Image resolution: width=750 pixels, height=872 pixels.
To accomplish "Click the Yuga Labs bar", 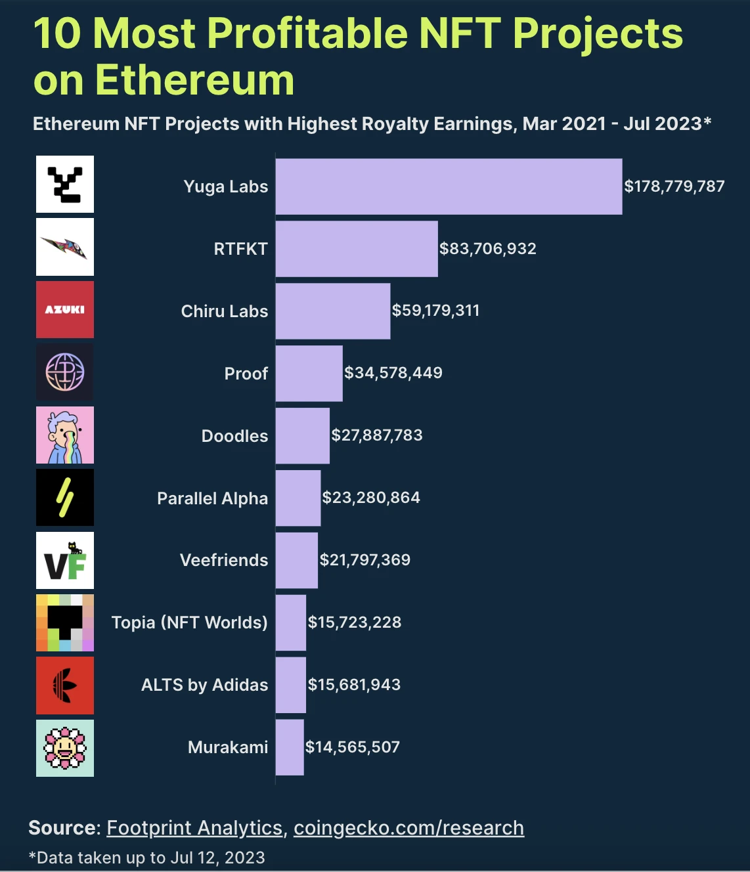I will point(449,186).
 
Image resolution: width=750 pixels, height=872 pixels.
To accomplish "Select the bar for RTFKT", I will point(357,249).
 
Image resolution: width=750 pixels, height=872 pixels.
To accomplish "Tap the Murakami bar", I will point(290,747).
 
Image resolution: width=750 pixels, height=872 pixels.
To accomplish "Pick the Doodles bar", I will point(302,435).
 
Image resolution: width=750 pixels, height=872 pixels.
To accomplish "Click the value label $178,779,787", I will point(674,186).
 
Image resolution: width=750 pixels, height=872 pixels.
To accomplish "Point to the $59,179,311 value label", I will point(435,311).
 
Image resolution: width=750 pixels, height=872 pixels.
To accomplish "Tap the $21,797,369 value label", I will point(364,560).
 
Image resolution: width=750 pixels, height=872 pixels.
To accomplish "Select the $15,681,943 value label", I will point(354,685).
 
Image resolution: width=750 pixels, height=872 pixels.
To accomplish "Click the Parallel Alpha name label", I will point(212,498).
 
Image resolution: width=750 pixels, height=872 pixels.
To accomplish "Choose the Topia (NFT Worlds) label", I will point(189,622).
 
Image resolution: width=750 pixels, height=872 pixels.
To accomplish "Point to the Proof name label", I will point(246,374).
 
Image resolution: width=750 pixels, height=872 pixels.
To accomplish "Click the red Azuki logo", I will point(65,309).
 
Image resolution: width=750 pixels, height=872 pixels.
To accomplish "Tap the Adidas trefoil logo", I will point(65,686).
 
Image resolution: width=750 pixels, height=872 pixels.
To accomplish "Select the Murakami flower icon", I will point(65,748).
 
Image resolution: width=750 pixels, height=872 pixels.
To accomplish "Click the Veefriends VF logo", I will point(65,561).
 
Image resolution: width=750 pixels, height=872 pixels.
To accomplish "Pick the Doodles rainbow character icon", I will point(65,435).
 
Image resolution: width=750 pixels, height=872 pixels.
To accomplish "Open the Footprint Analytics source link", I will point(194,828).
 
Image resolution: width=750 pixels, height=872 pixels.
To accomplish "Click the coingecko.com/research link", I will point(408,828).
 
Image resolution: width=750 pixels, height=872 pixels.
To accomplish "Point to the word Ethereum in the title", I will point(194,80).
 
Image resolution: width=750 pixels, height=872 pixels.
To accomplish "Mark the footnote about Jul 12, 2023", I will point(147,858).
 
